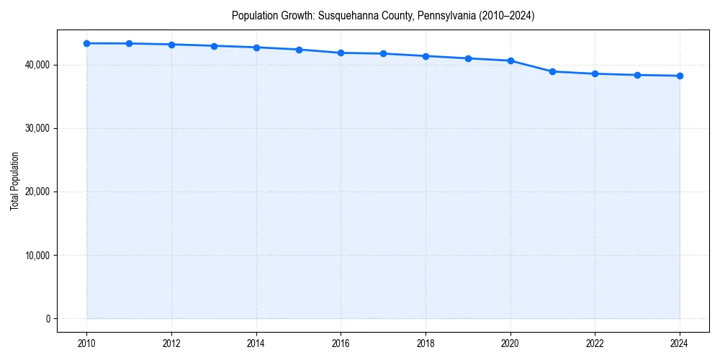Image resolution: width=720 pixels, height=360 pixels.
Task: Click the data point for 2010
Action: pos(86,43)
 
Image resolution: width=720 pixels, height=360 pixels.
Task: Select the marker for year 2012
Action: pos(171,45)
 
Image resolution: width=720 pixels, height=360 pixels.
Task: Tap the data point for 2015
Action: pos(299,50)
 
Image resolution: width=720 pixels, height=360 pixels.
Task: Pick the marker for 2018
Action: pos(426,56)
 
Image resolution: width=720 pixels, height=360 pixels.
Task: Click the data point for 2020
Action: pos(510,60)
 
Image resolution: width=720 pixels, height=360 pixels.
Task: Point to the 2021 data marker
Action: pos(552,71)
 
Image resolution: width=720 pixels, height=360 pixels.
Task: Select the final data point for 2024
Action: pos(680,76)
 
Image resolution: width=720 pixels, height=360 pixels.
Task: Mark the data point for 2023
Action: pos(637,75)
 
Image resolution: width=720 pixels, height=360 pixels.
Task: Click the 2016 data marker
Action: pos(341,53)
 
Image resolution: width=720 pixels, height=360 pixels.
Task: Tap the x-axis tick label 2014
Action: pos(256,344)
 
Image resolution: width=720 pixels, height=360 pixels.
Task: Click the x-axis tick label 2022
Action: pos(595,344)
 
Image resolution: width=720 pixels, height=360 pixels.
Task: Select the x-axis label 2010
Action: pos(86,344)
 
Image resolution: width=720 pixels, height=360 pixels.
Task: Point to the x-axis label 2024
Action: pos(680,344)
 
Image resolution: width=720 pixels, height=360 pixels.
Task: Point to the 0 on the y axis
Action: pos(47,318)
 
